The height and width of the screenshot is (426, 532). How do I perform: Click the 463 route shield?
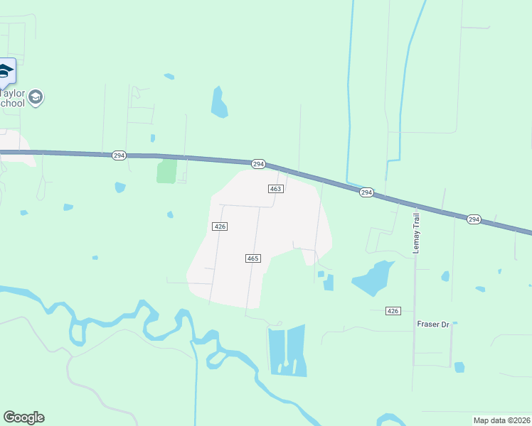[276, 189]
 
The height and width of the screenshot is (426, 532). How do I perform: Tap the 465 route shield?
[252, 258]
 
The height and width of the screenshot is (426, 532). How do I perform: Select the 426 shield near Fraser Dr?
[393, 311]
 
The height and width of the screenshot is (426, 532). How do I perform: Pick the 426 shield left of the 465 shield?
[220, 226]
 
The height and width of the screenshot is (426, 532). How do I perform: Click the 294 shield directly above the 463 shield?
[258, 164]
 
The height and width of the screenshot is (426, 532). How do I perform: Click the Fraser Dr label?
[433, 324]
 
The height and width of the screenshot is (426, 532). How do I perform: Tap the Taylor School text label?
[12, 98]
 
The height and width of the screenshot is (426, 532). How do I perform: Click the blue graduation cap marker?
[5, 72]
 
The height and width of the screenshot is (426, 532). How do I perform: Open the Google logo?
[23, 417]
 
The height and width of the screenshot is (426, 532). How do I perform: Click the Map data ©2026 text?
[501, 420]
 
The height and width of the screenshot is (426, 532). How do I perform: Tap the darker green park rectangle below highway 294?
[166, 170]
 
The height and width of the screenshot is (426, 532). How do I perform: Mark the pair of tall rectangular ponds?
[287, 351]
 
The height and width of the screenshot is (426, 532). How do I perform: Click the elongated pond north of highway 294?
[219, 102]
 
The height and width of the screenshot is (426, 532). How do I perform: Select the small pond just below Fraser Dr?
[459, 367]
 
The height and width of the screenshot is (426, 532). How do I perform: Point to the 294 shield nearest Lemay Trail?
[366, 192]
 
